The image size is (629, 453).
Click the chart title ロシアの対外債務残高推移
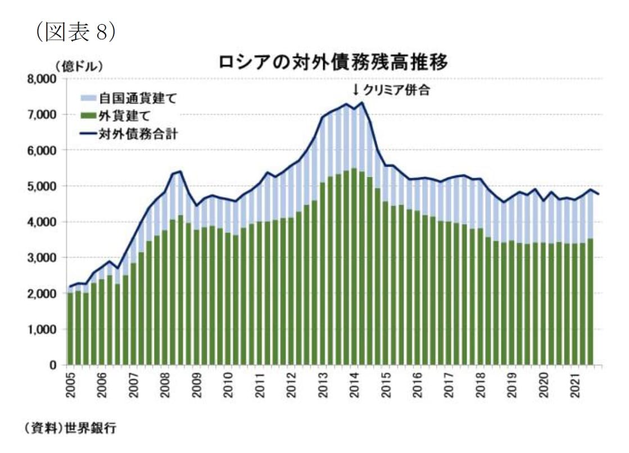334,63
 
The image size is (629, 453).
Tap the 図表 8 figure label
75,31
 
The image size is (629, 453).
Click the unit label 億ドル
80,66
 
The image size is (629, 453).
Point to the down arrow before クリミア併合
356,90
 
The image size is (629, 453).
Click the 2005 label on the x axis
71,385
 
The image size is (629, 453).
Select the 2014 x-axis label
354,385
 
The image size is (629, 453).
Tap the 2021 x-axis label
575,385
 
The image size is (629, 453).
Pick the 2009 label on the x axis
197,385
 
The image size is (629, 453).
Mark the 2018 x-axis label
480,385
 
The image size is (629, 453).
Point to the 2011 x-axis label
260,385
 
